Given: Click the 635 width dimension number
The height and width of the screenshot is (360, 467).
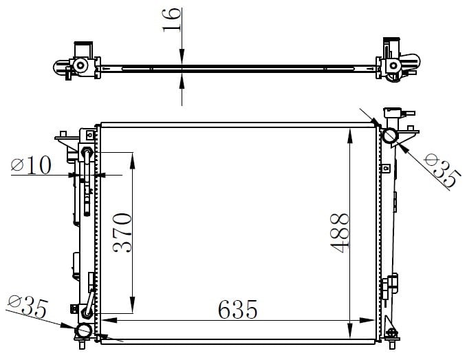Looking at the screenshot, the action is point(237,309).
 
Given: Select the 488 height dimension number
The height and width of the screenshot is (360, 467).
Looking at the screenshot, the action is point(340,233).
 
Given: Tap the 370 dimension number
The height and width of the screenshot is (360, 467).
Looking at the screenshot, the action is point(122,233).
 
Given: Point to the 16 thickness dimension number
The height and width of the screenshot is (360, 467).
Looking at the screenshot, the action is point(172,20).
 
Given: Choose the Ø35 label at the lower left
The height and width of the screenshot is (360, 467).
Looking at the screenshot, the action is point(28,306).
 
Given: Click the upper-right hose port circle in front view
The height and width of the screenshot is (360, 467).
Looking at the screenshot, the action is point(390,136).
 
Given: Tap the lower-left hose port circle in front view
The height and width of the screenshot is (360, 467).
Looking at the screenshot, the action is point(83,331).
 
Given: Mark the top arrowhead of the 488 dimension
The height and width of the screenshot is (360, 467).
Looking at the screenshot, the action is point(350,136).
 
